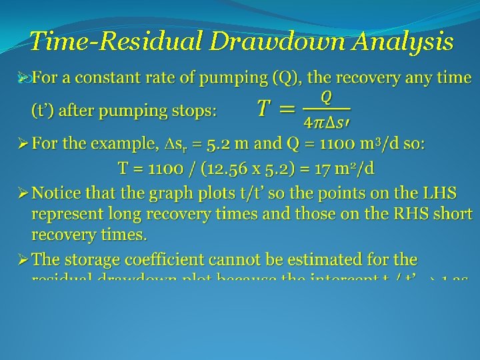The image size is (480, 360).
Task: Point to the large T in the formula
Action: [x=266, y=108]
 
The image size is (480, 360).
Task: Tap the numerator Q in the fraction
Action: [x=326, y=97]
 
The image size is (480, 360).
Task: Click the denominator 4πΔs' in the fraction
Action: [x=327, y=122]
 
